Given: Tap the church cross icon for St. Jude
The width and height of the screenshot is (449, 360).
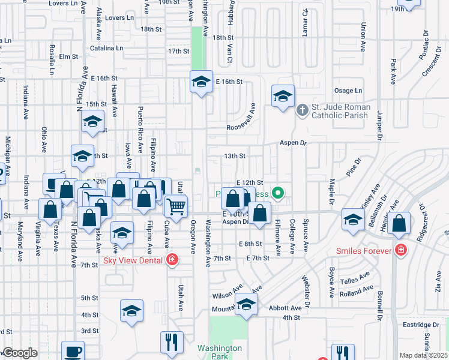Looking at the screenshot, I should click(x=303, y=109).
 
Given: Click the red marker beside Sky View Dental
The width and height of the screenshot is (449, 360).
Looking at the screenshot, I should click(x=172, y=259).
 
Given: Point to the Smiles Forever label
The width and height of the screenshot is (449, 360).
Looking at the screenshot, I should click(x=364, y=250).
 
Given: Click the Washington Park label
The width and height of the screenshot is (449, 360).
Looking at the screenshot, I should click(x=220, y=352).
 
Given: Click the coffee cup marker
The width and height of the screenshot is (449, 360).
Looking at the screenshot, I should click(x=73, y=351).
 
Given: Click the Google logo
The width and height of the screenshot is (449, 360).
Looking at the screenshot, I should click(x=20, y=353).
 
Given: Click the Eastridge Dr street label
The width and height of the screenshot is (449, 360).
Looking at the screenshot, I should click(x=418, y=324).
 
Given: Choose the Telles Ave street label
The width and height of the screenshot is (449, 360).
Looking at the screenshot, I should click(x=356, y=280).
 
